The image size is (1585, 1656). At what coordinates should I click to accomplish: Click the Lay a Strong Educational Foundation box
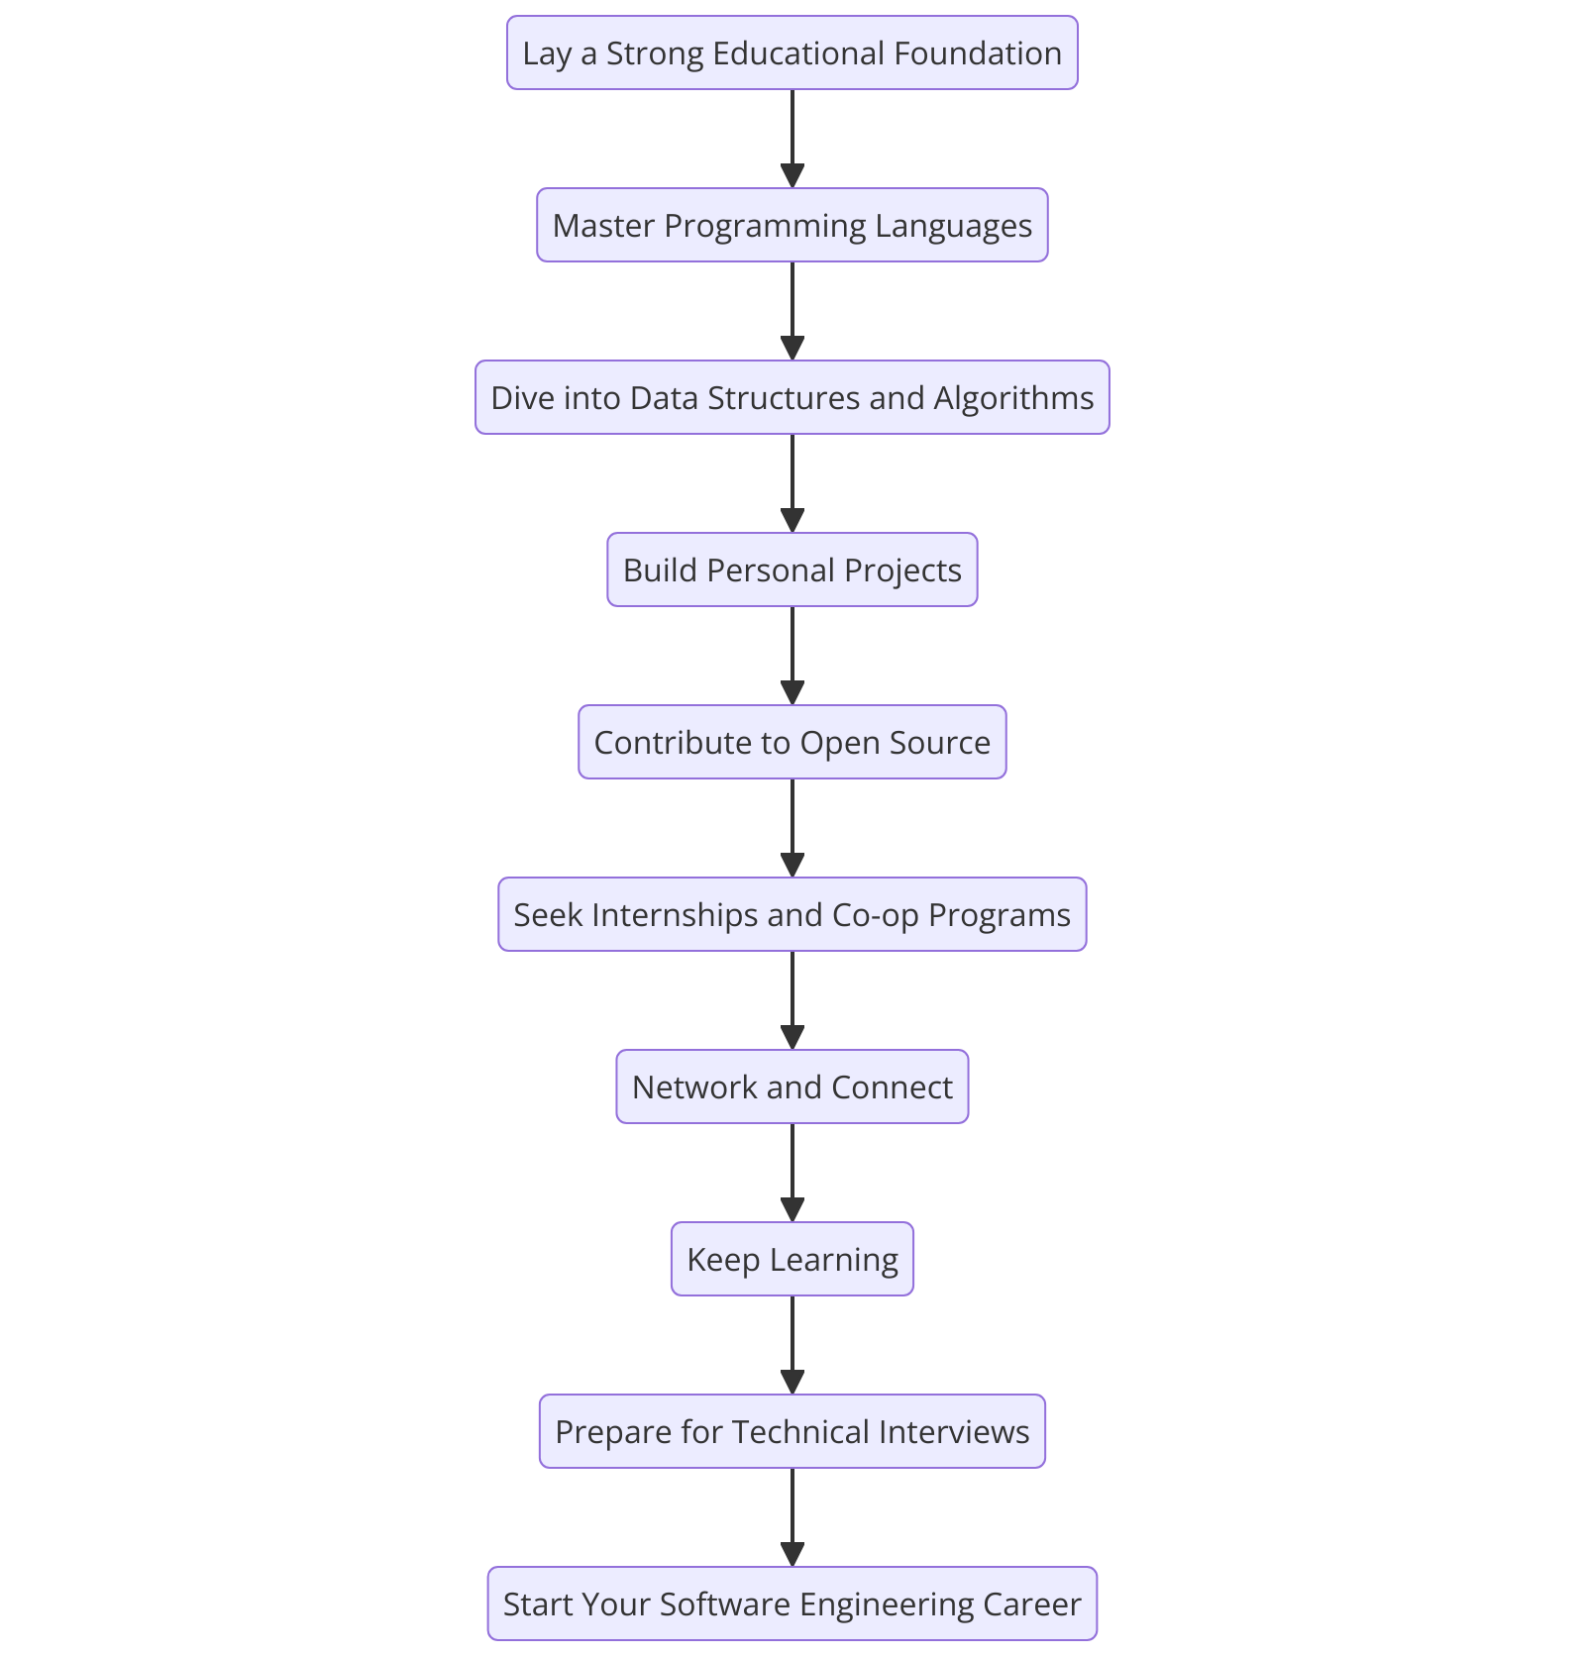792,53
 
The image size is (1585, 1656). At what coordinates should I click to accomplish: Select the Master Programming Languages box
792,226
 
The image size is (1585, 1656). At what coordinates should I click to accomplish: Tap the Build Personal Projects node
792,570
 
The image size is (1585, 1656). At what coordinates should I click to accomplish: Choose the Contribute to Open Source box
792,743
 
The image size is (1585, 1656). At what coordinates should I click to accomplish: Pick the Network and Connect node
792,1087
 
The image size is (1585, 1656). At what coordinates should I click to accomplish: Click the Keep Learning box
792,1260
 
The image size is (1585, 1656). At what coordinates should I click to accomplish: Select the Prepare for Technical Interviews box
792,1432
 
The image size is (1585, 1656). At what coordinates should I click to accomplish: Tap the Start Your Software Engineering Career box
792,1604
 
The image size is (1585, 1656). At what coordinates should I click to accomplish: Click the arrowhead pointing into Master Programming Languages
792,176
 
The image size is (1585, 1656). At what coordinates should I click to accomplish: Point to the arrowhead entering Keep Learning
792,1210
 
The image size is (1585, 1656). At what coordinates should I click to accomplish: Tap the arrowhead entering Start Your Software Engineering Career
792,1555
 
